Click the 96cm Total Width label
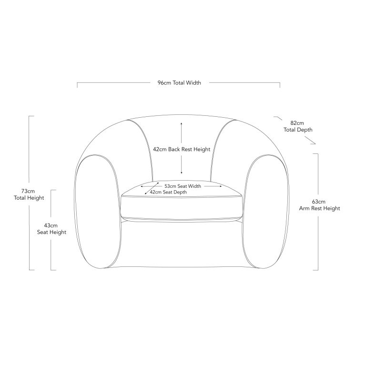179,82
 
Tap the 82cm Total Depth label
298,126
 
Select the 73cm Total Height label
29,194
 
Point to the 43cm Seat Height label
51,229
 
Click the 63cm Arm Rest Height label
319,205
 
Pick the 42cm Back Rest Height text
182,149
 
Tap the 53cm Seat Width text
183,186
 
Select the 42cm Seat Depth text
168,192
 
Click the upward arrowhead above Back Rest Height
182,123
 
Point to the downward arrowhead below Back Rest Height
182,173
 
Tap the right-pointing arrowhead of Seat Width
220,186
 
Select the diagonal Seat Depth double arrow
152,188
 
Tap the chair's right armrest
266,211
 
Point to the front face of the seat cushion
182,208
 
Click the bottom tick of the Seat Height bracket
53,270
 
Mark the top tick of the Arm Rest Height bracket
315,153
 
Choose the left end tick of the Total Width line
77,85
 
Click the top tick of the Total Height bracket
31,116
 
